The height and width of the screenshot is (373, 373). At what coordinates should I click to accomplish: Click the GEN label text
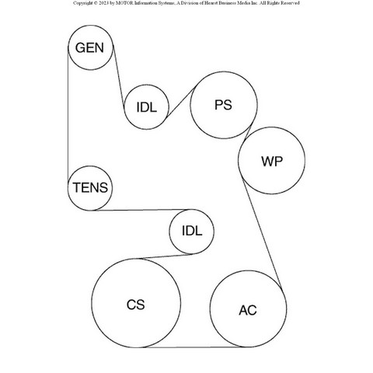[x=89, y=48]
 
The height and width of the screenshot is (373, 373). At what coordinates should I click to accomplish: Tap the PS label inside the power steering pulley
[x=223, y=105]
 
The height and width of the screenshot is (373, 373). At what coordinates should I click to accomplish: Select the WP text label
[x=272, y=161]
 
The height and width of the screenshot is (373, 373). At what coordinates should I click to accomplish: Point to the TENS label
[x=90, y=187]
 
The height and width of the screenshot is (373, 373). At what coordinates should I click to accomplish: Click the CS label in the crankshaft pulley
[x=136, y=305]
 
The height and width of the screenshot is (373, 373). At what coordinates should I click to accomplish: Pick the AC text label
[x=248, y=310]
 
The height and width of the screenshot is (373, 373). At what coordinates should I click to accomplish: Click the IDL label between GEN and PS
[x=147, y=107]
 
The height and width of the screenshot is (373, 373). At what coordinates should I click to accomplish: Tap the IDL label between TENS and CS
[x=192, y=231]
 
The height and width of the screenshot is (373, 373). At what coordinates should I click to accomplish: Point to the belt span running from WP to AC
[x=262, y=233]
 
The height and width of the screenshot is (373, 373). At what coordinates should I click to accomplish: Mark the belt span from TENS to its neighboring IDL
[x=141, y=210]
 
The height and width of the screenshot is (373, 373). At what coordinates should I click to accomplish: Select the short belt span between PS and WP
[x=248, y=133]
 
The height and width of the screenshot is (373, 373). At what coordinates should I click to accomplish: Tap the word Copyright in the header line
[x=82, y=3]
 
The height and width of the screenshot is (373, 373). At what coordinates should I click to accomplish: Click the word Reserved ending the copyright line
[x=290, y=3]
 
